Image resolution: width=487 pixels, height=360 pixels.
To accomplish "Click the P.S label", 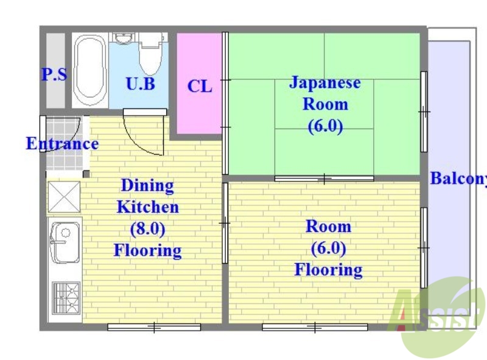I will coord(54,75).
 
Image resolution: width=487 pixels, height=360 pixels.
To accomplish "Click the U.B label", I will coord(140,84).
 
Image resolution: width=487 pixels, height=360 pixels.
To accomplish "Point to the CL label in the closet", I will coord(200,86).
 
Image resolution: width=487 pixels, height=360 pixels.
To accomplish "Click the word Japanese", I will coord(324,82).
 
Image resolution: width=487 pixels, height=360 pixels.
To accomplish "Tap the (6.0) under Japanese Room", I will coord(325,127).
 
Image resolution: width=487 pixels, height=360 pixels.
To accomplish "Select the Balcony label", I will coord(458,179).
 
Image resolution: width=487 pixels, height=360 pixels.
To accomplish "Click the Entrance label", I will coord(61,144).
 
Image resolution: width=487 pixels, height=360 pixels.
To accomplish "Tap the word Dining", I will coord(147,185).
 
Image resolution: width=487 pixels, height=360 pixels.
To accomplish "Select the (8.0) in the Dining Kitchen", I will coord(147,228).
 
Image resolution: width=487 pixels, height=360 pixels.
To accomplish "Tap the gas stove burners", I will coord(65,297).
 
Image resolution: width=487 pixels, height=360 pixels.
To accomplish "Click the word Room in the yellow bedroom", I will coord(328,227).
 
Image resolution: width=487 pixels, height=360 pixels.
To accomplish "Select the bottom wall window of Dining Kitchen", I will coord(154,327).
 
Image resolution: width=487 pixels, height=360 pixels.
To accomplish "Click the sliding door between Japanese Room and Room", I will coord(324,178).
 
